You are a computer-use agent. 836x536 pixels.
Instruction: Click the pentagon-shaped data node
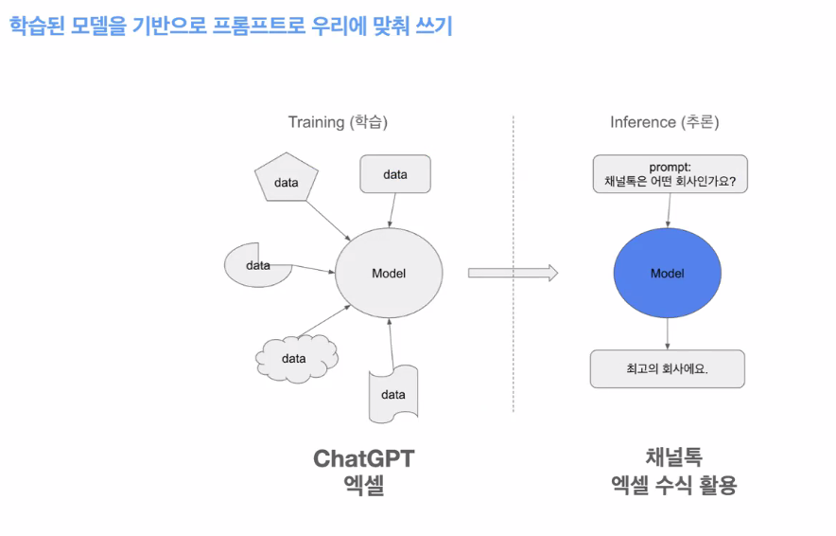286,181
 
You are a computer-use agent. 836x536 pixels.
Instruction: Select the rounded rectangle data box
395,175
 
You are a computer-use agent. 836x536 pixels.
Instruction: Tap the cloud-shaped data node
295,358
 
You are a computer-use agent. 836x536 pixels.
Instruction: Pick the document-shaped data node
392,394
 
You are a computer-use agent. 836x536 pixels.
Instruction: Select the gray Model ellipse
389,273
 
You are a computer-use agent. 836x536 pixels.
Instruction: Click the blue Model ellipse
668,273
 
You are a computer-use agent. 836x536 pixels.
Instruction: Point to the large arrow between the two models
513,273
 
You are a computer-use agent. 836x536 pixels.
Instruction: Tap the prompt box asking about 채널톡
670,174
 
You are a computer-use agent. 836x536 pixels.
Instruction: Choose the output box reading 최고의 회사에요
668,369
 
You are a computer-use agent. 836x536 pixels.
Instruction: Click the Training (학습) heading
338,122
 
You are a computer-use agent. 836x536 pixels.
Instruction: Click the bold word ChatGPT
364,459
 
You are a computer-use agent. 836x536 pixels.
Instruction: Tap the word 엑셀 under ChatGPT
364,489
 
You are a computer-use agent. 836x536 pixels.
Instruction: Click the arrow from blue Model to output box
668,333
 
